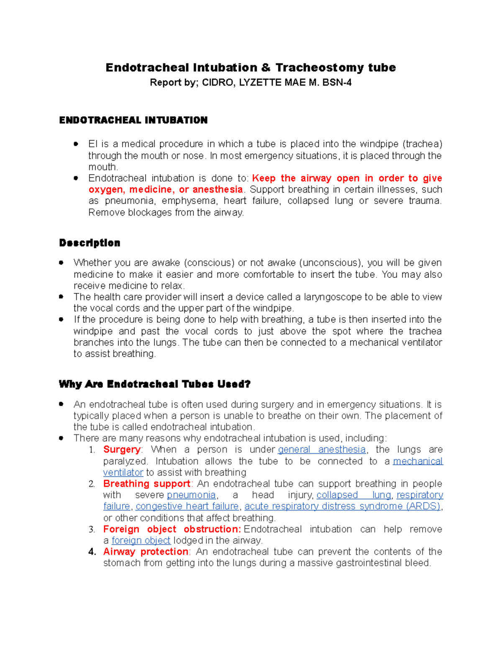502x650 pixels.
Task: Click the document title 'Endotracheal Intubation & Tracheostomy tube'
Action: coord(251,67)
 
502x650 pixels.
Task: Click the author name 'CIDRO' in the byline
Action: coord(218,82)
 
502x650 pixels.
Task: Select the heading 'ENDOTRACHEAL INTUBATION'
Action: coord(133,120)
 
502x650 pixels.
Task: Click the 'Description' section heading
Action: coord(90,243)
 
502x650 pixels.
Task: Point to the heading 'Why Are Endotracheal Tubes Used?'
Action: coord(155,384)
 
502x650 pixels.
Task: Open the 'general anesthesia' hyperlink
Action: coord(322,450)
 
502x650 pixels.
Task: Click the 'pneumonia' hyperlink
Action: coord(191,495)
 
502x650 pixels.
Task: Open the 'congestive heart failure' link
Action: coord(187,506)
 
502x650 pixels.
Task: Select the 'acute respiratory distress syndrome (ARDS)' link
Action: coord(343,506)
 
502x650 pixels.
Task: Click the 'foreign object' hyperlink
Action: coord(141,540)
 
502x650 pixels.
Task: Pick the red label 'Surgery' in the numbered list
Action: coord(122,450)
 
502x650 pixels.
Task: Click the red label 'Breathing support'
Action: coord(147,483)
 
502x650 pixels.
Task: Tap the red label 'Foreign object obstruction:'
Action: coord(172,529)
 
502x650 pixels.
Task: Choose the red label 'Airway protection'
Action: coord(146,552)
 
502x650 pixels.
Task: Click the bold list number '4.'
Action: coord(92,552)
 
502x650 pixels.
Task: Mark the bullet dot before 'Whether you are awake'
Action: coord(61,263)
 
